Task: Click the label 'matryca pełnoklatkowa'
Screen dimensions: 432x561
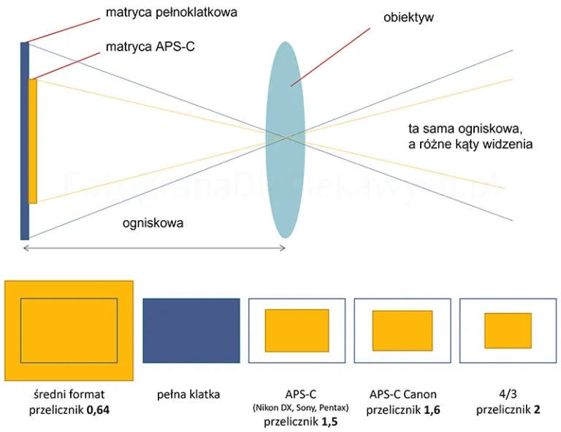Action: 171,12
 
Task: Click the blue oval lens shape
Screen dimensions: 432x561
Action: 285,139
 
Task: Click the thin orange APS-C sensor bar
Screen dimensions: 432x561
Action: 33,140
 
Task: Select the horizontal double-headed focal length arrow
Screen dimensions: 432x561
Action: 154,248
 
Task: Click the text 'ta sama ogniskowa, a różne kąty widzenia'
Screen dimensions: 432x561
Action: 470,137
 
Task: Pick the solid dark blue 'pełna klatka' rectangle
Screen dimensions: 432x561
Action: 191,330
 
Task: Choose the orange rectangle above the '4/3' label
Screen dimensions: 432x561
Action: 508,330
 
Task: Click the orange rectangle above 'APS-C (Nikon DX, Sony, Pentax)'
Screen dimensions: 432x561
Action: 297,330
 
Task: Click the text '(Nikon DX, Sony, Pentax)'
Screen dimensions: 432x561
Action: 298,408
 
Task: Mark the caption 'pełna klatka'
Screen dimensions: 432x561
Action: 188,395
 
